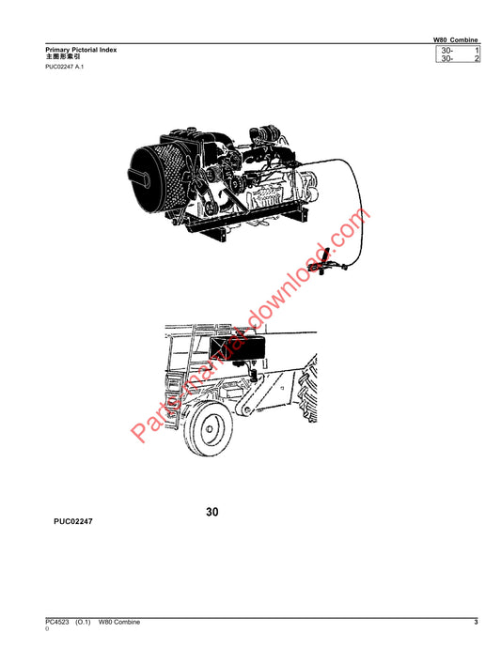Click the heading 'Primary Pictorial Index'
coord(81,50)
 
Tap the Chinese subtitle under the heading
coord(63,56)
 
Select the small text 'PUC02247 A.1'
coord(65,67)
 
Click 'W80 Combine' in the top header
coord(456,39)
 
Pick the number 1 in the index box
coord(477,51)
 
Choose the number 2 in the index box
coord(477,58)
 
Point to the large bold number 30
coord(211,512)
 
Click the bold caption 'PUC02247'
coord(73,521)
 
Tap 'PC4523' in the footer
coord(57,622)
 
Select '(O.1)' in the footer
coord(83,622)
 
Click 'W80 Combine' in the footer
coord(119,622)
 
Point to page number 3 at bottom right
coord(476,622)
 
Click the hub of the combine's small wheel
coord(210,429)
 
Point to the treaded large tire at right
coord(307,389)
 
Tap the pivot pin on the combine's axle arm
coord(247,410)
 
